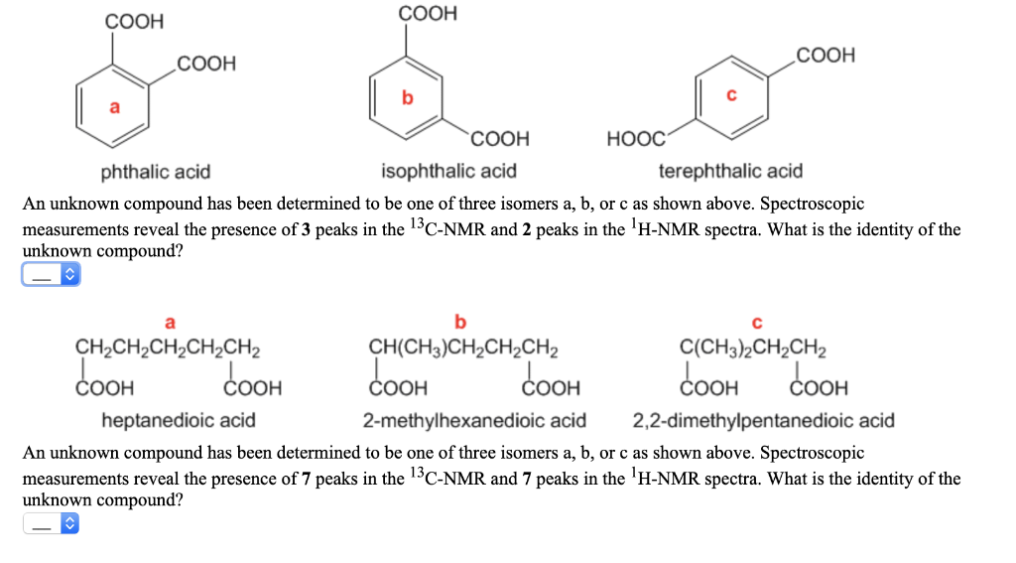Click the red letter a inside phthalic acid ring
point(114,106)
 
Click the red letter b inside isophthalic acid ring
point(406,97)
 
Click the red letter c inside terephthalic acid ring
point(731,95)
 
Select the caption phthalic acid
point(156,172)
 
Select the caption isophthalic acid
point(449,172)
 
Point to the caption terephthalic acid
point(731,172)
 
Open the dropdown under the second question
point(50,524)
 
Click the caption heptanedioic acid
point(179,420)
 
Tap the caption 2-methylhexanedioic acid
point(474,420)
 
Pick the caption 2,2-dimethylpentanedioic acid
point(764,420)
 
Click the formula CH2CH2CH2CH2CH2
point(169,349)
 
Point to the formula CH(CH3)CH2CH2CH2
point(462,349)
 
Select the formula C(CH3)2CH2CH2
point(755,349)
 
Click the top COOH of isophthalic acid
point(428,14)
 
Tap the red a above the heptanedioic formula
point(170,322)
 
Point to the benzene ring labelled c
point(731,97)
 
